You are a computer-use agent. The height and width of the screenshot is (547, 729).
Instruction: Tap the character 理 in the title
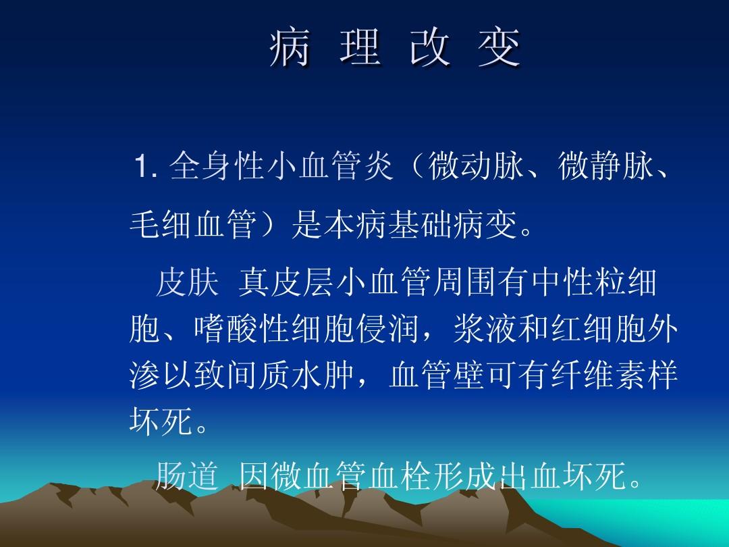click(357, 49)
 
